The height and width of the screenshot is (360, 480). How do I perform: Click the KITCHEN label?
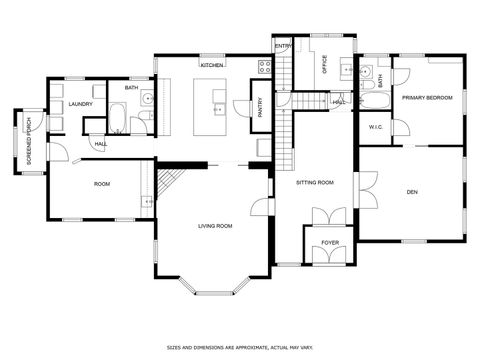(211, 65)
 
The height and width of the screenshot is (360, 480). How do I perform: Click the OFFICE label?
(324, 63)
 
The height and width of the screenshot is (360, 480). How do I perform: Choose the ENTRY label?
(282, 47)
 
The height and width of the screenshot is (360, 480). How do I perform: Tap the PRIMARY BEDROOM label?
(427, 98)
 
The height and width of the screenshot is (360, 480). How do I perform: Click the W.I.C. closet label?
(376, 127)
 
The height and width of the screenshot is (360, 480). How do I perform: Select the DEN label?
(411, 191)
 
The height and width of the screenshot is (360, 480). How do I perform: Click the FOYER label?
(329, 242)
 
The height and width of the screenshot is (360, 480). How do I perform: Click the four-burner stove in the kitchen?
(265, 67)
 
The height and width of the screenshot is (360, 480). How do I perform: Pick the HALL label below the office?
(338, 101)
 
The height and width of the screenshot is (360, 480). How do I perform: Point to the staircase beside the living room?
(167, 183)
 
